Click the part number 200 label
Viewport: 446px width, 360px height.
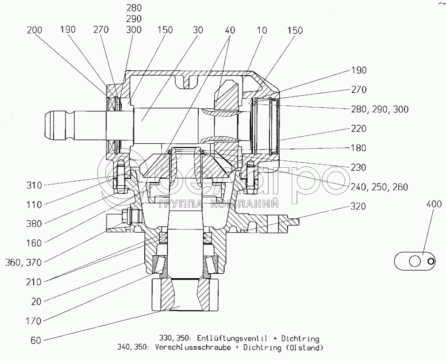pos(35,30)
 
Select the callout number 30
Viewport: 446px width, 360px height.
pos(198,30)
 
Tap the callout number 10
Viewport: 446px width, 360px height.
pos(261,30)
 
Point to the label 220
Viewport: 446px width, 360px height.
pos(358,129)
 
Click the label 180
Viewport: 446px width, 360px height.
pos(358,148)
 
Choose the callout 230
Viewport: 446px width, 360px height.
pos(358,167)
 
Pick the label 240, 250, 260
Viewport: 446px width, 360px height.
pos(380,187)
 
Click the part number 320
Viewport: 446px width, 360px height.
pos(358,206)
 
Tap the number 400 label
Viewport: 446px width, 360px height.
pos(434,204)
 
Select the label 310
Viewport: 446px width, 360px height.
pos(34,185)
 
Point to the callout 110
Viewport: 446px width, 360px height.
pos(34,205)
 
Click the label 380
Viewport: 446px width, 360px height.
pos(34,224)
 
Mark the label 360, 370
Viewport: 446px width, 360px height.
pos(23,263)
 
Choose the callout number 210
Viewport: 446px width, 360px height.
pos(34,282)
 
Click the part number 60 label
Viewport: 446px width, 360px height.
pos(36,340)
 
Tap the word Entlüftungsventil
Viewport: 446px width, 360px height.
pos(231,338)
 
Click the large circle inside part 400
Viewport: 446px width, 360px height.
pos(415,261)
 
